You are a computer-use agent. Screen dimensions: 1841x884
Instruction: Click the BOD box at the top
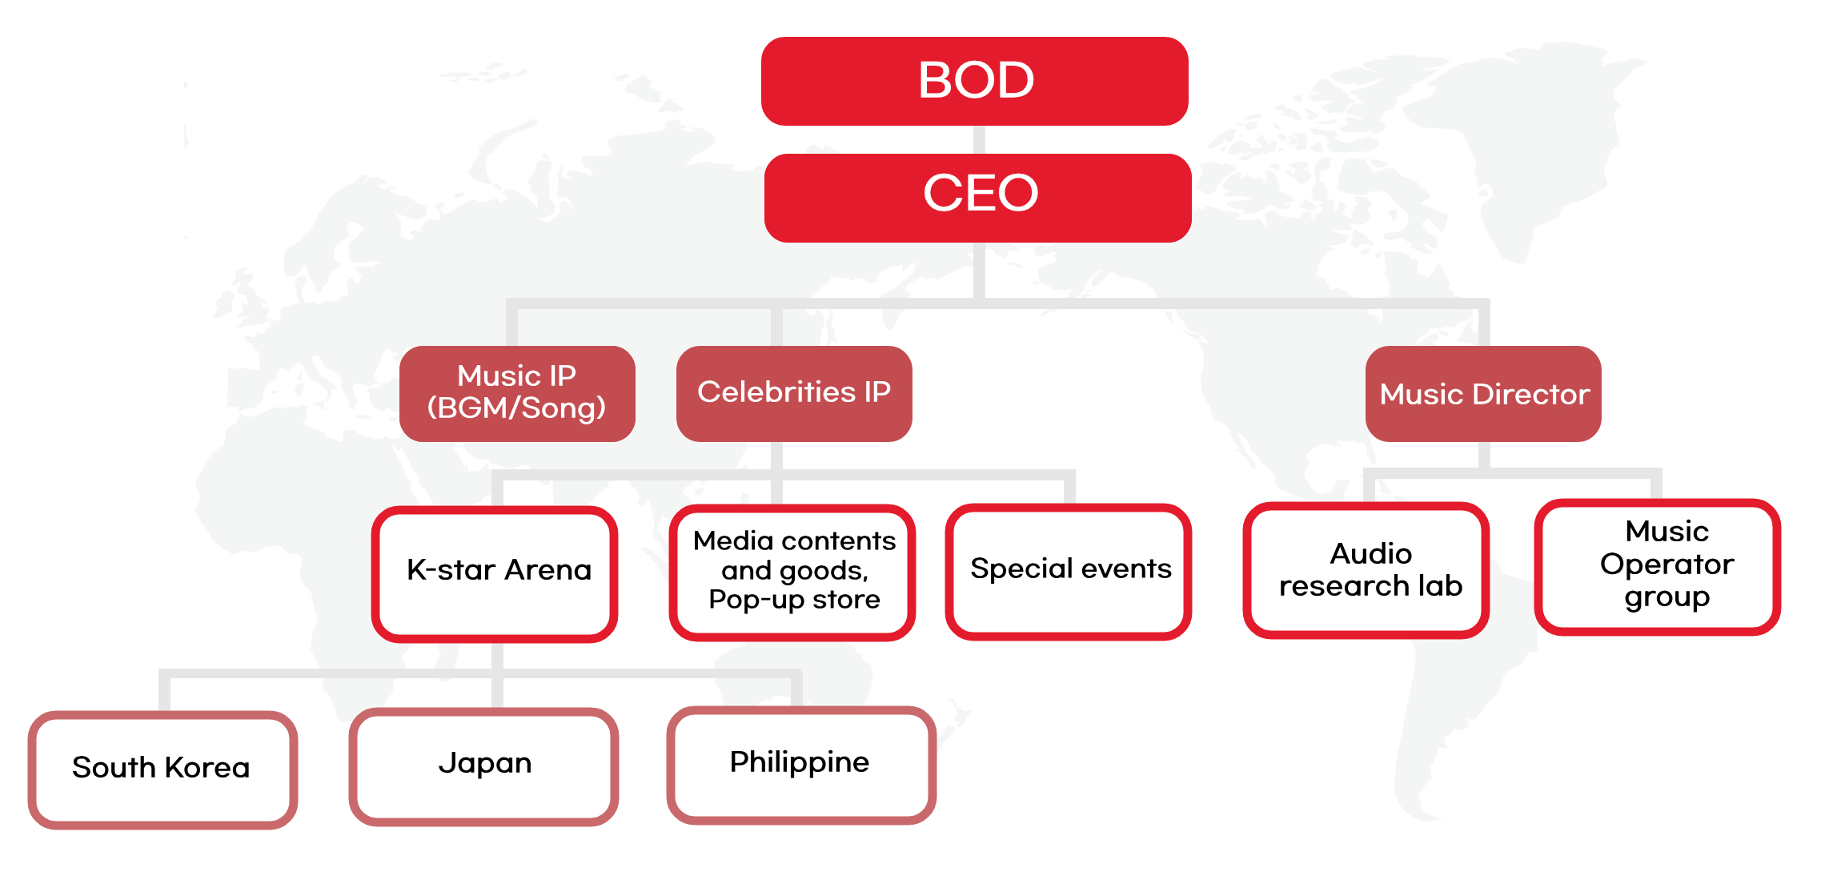(x=974, y=81)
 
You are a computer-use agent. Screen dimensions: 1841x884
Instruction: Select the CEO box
(x=977, y=198)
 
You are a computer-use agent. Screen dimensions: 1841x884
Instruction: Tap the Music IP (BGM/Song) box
(x=517, y=393)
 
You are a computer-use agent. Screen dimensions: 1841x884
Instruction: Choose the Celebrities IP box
(x=794, y=393)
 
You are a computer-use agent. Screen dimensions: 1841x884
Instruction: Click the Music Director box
(x=1483, y=393)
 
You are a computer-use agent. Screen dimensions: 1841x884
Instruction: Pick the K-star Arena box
(x=494, y=573)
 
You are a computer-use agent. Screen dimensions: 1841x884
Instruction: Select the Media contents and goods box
(x=792, y=573)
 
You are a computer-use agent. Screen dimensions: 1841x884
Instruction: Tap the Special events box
(x=1069, y=572)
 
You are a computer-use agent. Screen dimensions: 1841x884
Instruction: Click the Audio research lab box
(x=1366, y=570)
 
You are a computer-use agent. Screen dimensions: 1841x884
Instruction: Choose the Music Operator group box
(x=1658, y=567)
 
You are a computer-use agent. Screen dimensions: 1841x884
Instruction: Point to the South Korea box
(x=163, y=769)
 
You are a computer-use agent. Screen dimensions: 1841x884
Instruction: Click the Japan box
(x=483, y=766)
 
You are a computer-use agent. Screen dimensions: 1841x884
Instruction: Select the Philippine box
(x=801, y=765)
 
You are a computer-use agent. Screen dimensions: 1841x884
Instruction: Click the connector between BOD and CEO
(x=978, y=139)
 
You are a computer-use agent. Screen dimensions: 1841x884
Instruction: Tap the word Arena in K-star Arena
(x=548, y=569)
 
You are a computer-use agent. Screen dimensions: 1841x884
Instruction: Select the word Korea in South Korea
(x=207, y=767)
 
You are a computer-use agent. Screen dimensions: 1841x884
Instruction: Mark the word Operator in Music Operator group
(x=1667, y=565)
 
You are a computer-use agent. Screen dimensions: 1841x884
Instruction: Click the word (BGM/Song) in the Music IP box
(x=516, y=408)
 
